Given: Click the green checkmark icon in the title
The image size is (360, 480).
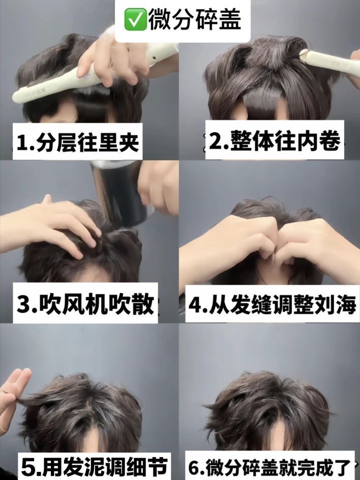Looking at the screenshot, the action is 135,20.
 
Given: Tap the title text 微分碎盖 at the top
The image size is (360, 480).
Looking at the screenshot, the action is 195,20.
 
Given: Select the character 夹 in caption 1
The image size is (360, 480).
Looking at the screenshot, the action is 128,142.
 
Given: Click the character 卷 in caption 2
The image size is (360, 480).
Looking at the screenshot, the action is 329,140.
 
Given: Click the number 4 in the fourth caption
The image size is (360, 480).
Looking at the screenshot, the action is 195,304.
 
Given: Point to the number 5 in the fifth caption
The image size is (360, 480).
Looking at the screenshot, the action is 28,467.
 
